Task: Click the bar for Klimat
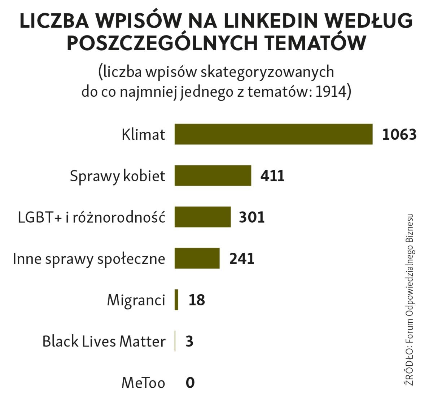click(x=273, y=134)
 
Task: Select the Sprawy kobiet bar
click(x=213, y=175)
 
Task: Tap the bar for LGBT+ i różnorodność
click(x=202, y=217)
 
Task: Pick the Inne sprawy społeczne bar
click(x=197, y=258)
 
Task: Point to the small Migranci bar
click(x=176, y=300)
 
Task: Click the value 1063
click(x=399, y=135)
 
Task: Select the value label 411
click(x=272, y=176)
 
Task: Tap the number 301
click(x=252, y=217)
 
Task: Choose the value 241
click(x=242, y=259)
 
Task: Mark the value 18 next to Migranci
click(x=197, y=300)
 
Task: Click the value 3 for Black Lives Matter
click(x=189, y=341)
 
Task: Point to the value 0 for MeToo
click(x=190, y=383)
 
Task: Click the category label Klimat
click(x=143, y=135)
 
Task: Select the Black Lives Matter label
click(x=104, y=341)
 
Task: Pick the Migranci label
click(x=136, y=300)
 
